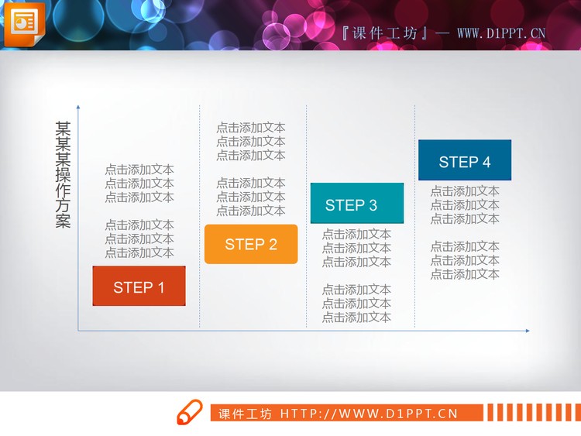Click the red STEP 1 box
139,286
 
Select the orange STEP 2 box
250,244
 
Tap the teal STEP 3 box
356,204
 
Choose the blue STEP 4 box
464,160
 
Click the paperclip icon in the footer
188,413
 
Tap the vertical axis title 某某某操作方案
63,174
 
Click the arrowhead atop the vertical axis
78,108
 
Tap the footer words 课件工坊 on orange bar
246,414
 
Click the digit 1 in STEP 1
160,287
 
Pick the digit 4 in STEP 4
486,162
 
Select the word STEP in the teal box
342,205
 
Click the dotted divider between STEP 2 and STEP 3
306,155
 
